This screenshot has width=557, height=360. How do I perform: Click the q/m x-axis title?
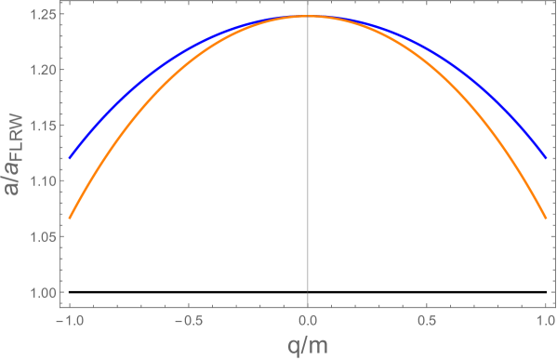click(x=308, y=345)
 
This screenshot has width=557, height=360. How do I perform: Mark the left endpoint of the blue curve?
click(x=70, y=158)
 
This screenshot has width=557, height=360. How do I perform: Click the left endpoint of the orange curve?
click(x=70, y=219)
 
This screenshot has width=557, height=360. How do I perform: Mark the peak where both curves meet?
click(x=308, y=16)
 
